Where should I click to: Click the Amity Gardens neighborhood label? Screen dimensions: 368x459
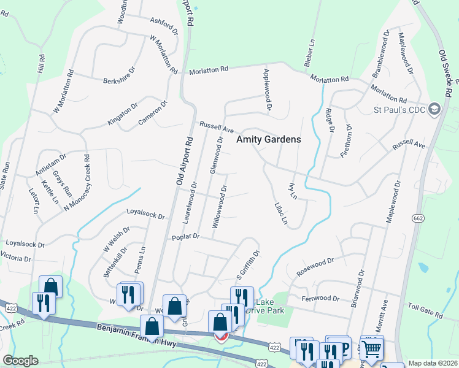tap(269, 139)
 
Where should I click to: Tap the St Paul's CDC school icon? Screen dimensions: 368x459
tap(435, 109)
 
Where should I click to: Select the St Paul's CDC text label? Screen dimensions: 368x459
tap(399, 110)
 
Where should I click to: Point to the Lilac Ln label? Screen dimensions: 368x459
tap(282, 213)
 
